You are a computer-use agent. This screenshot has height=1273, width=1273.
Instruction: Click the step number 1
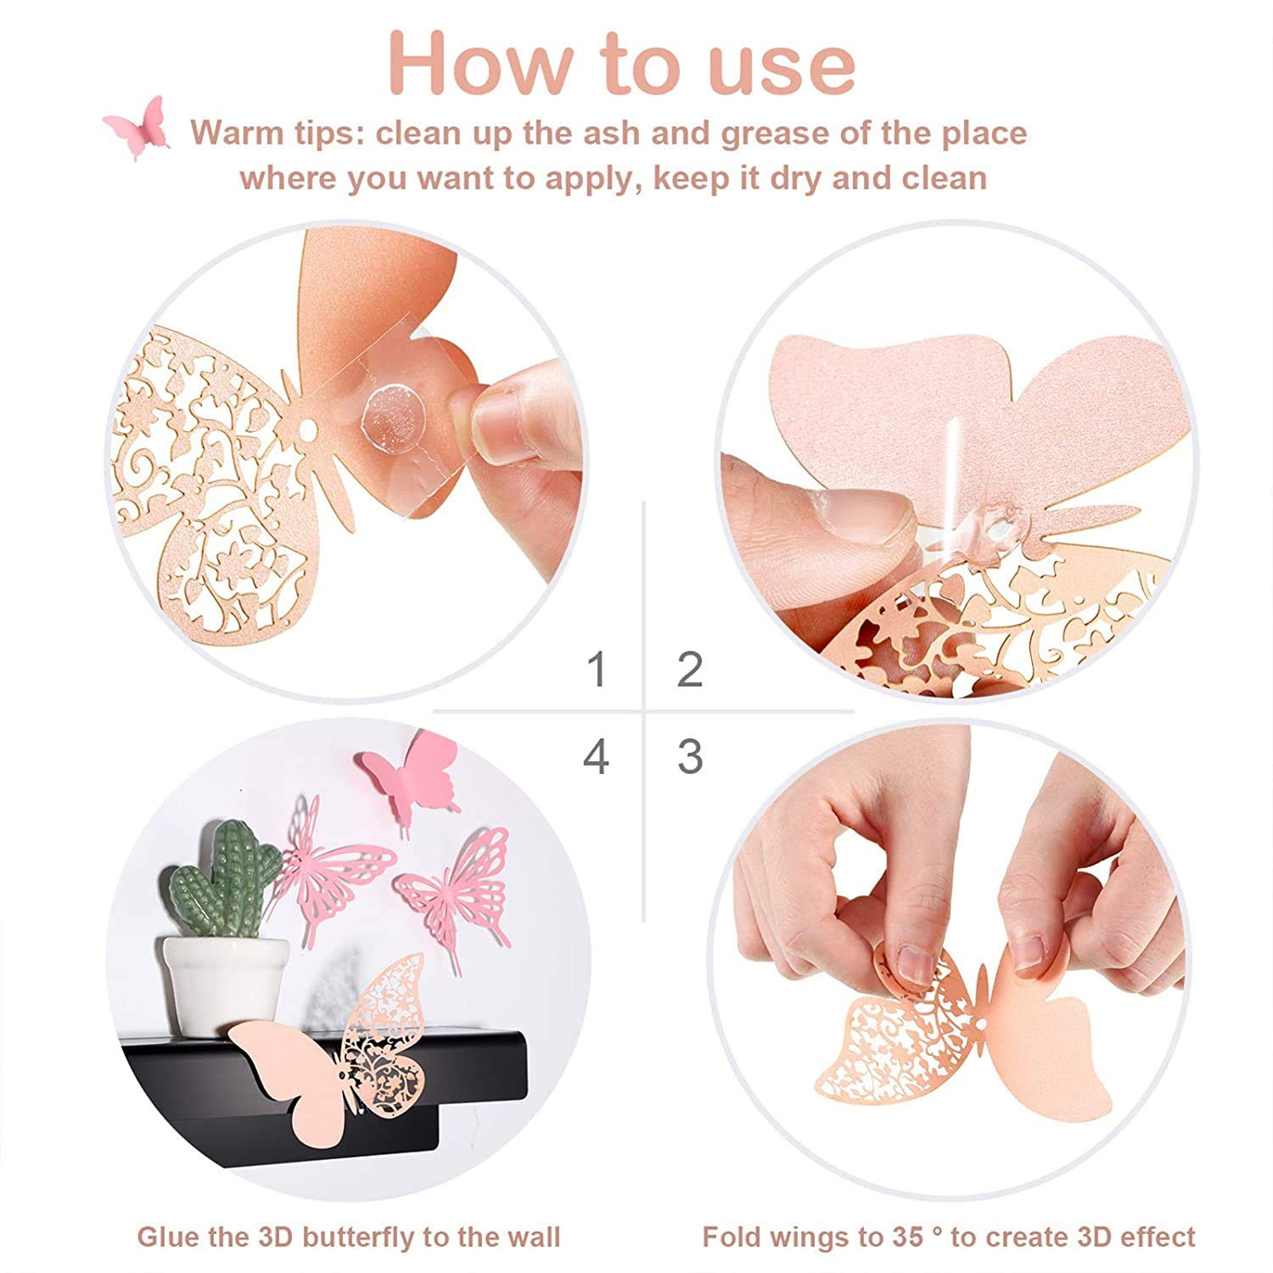pos(598,670)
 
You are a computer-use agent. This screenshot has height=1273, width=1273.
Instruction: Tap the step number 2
pos(690,670)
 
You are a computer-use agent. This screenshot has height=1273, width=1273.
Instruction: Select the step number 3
pos(690,756)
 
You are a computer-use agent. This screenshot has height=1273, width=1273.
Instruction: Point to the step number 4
pos(597,756)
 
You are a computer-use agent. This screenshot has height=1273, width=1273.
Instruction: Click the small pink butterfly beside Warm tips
pos(137,127)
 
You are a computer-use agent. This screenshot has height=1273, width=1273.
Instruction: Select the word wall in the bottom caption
pos(530,1237)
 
